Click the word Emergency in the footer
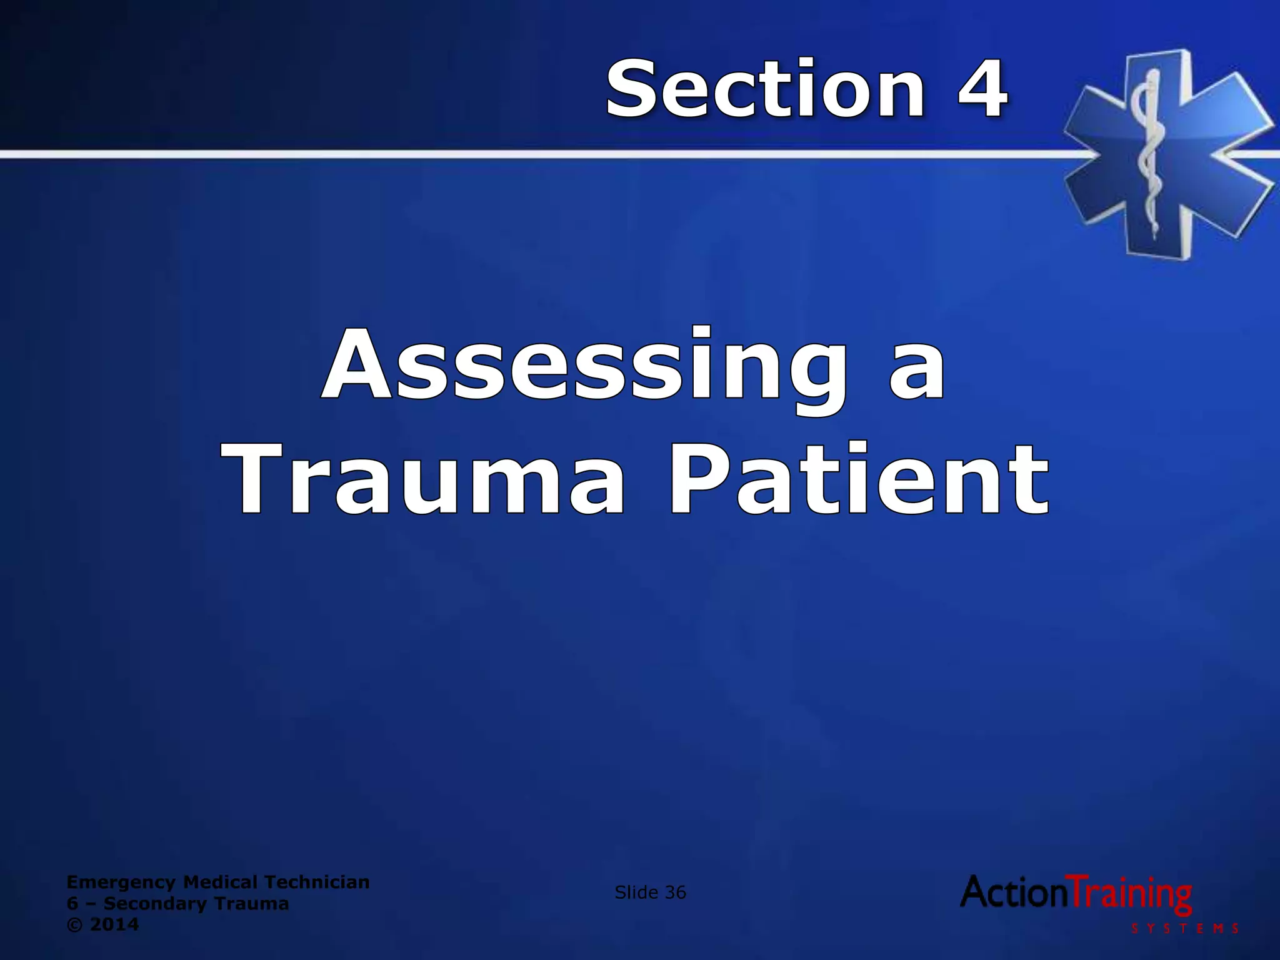121,882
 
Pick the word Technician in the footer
317,882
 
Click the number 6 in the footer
72,904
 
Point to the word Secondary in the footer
154,904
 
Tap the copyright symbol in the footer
73,925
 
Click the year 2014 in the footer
115,925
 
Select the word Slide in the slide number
636,892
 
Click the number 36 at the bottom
676,892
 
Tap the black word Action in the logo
1015,892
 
